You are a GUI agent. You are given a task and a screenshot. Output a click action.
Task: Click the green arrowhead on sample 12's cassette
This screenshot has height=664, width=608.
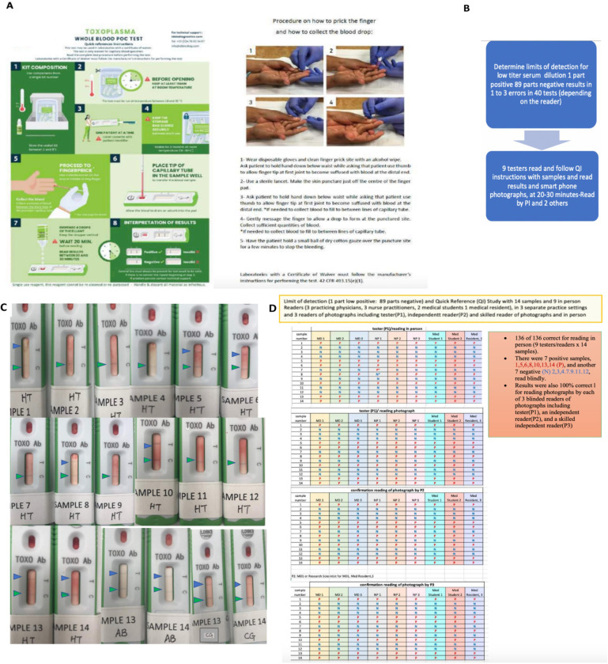(250, 442)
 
